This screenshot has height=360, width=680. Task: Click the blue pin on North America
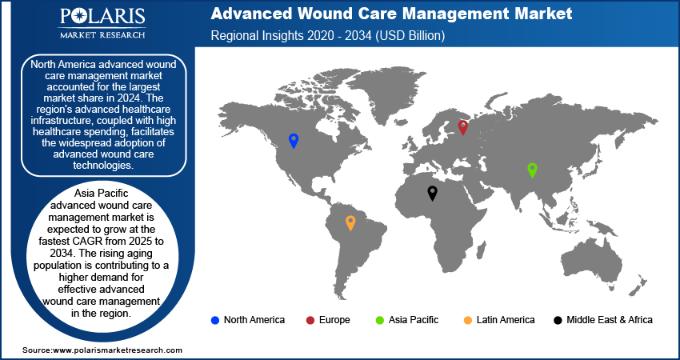coord(294,141)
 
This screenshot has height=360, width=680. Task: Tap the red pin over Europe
coord(463,127)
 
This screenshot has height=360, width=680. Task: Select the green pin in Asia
coord(532,170)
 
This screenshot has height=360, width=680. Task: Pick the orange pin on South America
coord(350,223)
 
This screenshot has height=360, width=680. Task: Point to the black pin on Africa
coord(432,193)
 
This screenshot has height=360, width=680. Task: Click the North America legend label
coord(254,320)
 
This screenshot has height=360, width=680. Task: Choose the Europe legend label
coord(334,320)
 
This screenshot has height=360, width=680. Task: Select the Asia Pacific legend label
coord(414,320)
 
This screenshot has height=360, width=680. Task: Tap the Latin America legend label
coord(506,320)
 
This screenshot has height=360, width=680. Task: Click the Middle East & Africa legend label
coord(610,320)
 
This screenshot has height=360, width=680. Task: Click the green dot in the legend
coord(379,321)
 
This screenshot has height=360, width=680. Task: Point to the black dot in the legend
coord(558,321)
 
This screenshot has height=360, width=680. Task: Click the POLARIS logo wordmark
coord(102,17)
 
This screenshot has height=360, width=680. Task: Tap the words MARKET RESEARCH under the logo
coord(102,34)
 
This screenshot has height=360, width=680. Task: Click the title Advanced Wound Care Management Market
coord(391,14)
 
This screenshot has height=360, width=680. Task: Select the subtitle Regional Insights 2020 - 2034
coord(328,35)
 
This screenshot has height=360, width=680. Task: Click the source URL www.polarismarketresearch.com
coord(117,350)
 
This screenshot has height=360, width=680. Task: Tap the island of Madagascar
coord(481,250)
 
